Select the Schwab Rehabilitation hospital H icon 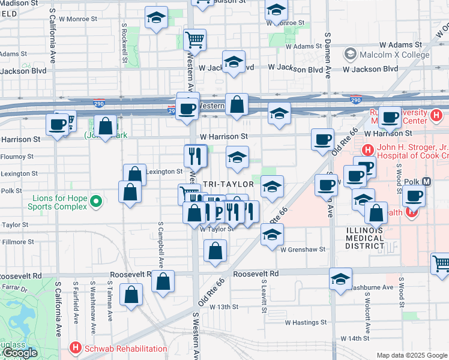click(75, 348)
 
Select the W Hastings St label click(306, 322)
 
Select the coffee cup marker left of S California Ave click(58, 124)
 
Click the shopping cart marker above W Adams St click(194, 40)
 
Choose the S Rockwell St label click(124, 43)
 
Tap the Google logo click(19, 353)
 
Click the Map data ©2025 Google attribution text click(412, 355)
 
